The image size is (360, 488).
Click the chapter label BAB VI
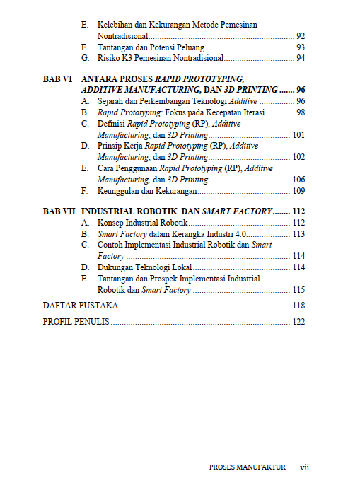[x=58, y=79]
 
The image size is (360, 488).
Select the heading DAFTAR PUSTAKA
[x=79, y=306]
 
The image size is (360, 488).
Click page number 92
[x=300, y=35]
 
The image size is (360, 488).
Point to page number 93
[x=300, y=47]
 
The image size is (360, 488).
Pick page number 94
[x=300, y=57]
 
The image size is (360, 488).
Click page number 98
[x=300, y=112]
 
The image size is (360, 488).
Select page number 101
[x=298, y=134]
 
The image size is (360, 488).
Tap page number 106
[x=298, y=180]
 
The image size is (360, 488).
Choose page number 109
[x=298, y=190]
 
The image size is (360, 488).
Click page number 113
[x=298, y=233]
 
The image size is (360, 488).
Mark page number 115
[x=298, y=289]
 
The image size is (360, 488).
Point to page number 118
[x=298, y=306]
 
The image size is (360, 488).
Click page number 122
[x=298, y=322]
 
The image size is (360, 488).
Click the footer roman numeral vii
[x=305, y=467]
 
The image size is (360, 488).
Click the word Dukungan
[x=115, y=267]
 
